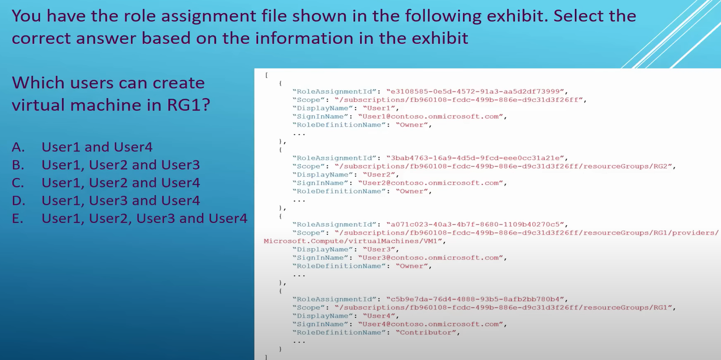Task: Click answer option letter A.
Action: click(x=18, y=147)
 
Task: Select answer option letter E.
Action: click(x=18, y=219)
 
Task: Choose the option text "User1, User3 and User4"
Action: click(x=121, y=201)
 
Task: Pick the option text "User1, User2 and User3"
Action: click(x=121, y=165)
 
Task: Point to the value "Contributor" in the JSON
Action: click(x=426, y=333)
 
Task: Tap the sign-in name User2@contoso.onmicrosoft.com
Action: click(x=431, y=183)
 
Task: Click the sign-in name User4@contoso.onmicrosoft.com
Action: click(x=431, y=324)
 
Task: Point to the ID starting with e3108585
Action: click(x=475, y=91)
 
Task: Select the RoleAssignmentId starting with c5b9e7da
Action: click(x=475, y=299)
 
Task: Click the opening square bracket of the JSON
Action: click(x=266, y=75)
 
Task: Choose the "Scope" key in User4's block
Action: click(x=309, y=308)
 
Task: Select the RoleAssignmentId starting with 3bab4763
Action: click(x=475, y=158)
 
